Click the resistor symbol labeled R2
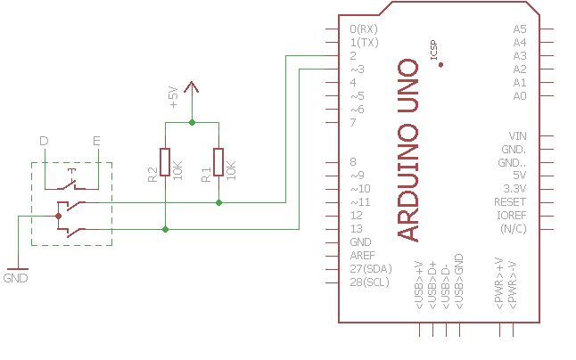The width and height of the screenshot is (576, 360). tap(165, 162)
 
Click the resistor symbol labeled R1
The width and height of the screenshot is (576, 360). tap(218, 162)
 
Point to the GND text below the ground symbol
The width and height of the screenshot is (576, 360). tap(16, 278)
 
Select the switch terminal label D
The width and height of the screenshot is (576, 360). tap(44, 141)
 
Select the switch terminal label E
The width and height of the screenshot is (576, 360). tap(96, 141)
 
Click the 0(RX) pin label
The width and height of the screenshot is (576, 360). tap(365, 29)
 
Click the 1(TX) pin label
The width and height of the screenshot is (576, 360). tap(365, 42)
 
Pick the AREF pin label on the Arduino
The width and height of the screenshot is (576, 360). tap(363, 256)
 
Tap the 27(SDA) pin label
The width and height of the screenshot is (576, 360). tap(370, 269)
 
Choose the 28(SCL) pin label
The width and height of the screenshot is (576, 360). tap(370, 282)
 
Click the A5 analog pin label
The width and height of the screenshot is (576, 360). tap(520, 29)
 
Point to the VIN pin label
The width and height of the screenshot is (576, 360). tap(517, 135)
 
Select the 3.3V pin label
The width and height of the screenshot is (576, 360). tap(515, 189)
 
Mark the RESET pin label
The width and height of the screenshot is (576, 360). tap(510, 202)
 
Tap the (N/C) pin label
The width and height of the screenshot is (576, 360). tap(513, 229)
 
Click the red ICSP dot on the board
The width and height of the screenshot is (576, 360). tap(441, 65)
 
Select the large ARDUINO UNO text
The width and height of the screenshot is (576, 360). tap(407, 150)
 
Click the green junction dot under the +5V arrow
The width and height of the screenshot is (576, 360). tap(192, 122)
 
